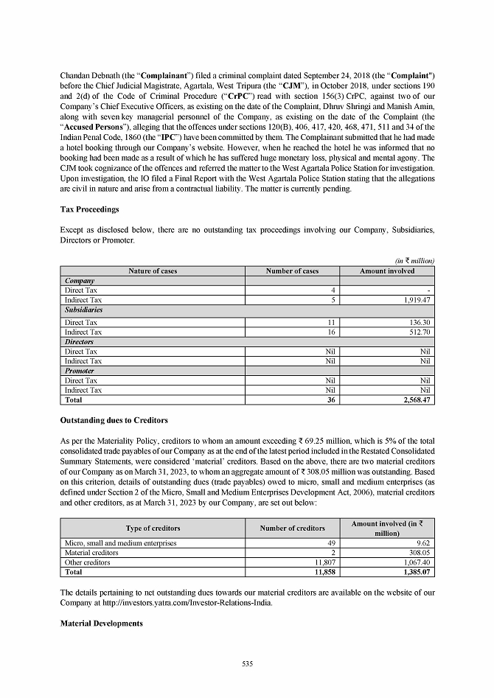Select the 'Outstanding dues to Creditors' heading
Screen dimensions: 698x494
(x=115, y=420)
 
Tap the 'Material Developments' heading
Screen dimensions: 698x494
(x=102, y=624)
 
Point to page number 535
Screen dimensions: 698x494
(x=247, y=665)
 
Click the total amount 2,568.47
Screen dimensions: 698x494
(x=415, y=400)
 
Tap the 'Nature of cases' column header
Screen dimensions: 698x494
(x=153, y=271)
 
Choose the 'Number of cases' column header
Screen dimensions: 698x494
(x=292, y=271)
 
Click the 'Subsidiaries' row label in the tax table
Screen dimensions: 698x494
(x=84, y=310)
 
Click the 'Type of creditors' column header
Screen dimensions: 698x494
(x=153, y=528)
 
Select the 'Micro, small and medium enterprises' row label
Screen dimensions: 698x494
(x=121, y=543)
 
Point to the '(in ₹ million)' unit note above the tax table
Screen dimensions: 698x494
(x=414, y=261)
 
